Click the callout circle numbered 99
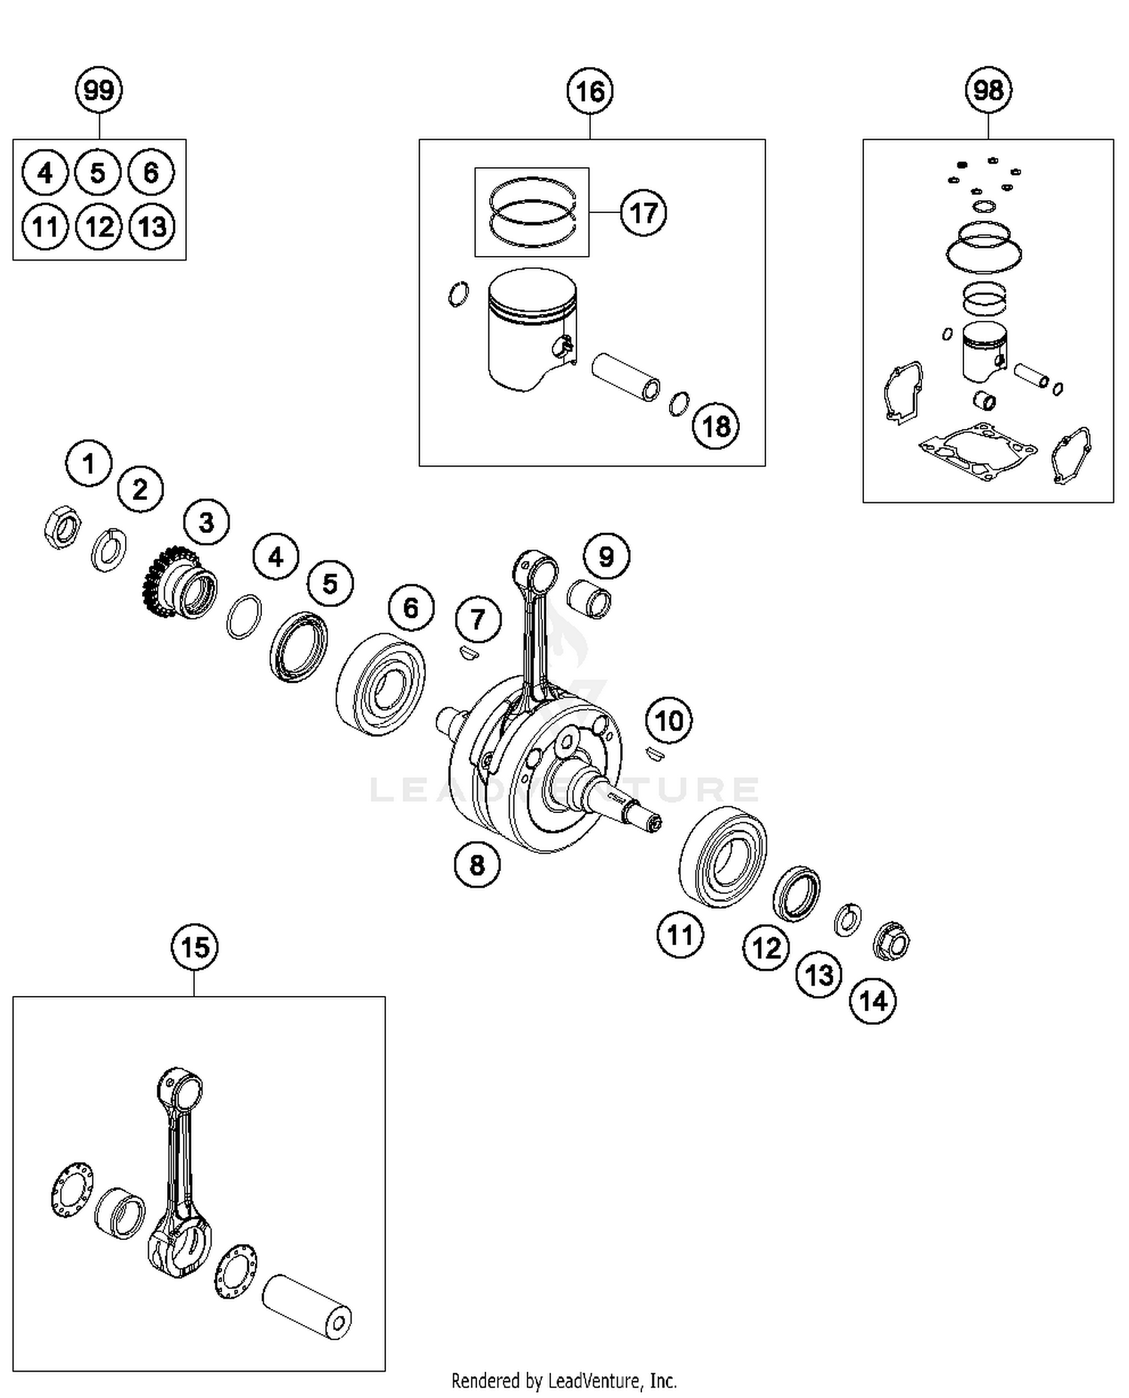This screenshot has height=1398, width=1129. coord(99,90)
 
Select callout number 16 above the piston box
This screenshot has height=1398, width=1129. coord(589,91)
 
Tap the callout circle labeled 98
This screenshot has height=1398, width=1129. coord(987,90)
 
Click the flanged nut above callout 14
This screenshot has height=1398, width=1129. coord(891,941)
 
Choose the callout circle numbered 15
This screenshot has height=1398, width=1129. coord(195,946)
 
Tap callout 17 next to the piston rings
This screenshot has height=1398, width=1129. coord(643,213)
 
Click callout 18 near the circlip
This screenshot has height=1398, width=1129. coord(715,426)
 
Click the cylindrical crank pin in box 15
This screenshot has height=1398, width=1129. coord(306,1305)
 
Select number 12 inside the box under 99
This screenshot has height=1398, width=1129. coord(99,226)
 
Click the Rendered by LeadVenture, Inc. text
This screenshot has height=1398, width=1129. coord(564,1381)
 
